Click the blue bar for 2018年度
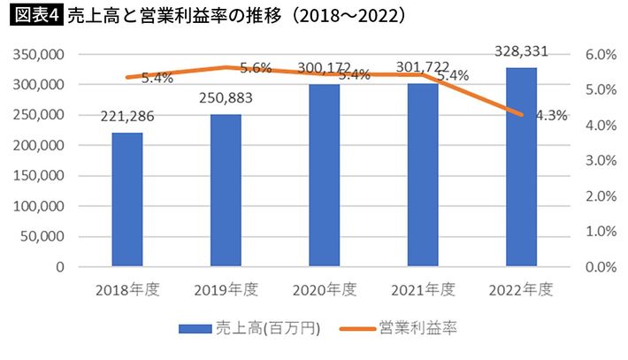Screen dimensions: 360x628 coord(127,199)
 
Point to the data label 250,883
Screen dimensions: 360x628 coord(226,96)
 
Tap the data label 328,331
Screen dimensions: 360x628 coord(520,51)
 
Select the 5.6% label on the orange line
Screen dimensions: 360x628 coord(256,68)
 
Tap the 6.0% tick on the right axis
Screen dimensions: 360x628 coord(599,55)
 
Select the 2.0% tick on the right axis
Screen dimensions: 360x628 coord(599,195)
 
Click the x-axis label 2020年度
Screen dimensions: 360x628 coord(324,288)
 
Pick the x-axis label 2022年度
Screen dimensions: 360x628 coord(520,288)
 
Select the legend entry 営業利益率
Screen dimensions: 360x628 coord(417,328)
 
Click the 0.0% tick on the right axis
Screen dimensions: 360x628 coord(599,266)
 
